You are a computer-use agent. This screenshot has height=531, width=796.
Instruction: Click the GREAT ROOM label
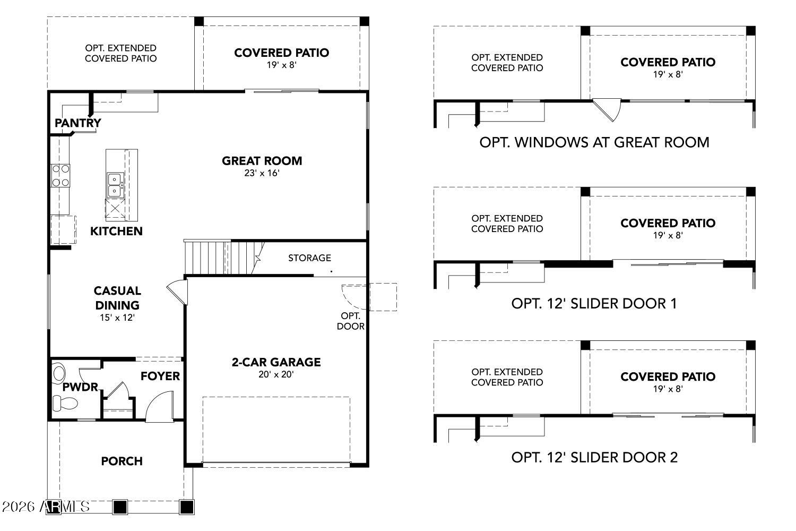click(x=262, y=160)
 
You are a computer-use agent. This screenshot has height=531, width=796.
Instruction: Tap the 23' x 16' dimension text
click(x=262, y=173)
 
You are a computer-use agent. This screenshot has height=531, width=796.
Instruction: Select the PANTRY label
click(x=77, y=123)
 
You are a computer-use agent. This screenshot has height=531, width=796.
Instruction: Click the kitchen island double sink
click(x=115, y=184)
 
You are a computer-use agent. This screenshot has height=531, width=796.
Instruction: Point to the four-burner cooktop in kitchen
click(x=60, y=175)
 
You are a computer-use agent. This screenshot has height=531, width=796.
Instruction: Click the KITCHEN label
click(x=116, y=231)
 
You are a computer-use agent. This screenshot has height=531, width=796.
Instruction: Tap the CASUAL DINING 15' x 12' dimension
click(x=117, y=318)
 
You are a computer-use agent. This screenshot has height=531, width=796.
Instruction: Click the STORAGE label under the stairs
click(x=309, y=258)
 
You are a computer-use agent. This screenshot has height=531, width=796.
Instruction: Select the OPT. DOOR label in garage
click(x=350, y=321)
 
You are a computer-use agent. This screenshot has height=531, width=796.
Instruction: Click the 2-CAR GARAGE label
click(x=276, y=362)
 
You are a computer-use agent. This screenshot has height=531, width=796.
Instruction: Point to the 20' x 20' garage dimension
click(x=276, y=374)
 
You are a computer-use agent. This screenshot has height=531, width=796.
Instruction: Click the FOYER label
click(x=160, y=376)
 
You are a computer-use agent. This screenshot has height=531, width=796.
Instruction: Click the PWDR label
click(x=80, y=387)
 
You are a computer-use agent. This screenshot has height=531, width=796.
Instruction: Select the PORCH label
click(x=122, y=461)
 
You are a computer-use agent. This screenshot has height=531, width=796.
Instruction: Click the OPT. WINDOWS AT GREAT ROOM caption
click(x=594, y=142)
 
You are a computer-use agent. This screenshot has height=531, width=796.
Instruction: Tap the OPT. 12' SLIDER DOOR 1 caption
click(x=594, y=303)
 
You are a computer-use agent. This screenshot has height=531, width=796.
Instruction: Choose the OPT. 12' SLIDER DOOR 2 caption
click(x=594, y=457)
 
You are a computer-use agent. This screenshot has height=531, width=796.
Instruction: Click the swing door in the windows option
click(x=608, y=109)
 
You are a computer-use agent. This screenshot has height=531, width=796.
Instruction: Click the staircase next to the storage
click(x=223, y=257)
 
